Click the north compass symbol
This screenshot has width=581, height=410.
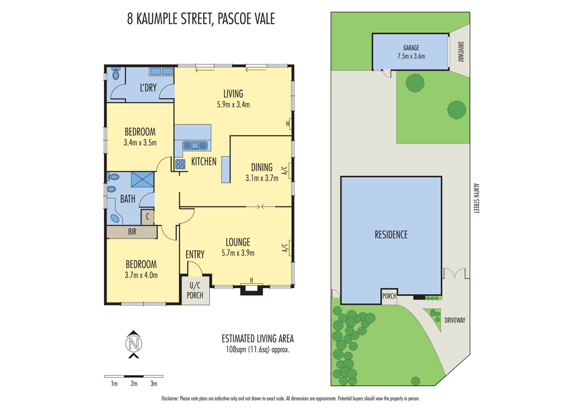click(134, 344)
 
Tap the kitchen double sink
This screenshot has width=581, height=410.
click(194, 146)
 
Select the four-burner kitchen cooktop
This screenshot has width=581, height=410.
click(181, 164)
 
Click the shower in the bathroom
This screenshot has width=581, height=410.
click(143, 181)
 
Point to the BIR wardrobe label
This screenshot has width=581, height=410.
click(132, 232)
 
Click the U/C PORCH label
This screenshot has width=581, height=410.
click(195, 290)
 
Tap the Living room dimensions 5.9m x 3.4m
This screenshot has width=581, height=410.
click(234, 104)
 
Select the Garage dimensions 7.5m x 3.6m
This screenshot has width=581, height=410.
click(411, 56)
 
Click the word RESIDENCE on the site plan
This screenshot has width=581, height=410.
click(391, 235)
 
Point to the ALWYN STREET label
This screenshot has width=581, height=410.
click(476, 198)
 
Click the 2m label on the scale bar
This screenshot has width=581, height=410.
click(134, 384)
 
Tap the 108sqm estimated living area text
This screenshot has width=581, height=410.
click(258, 349)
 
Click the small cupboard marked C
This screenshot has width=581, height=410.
click(147, 217)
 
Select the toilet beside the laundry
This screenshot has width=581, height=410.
click(116, 74)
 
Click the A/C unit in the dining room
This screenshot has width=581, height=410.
click(290, 171)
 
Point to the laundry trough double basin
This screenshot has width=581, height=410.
click(161, 72)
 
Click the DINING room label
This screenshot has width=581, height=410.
click(261, 167)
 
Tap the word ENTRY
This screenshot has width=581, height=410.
click(195, 255)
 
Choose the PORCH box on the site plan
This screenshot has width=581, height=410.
click(389, 297)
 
